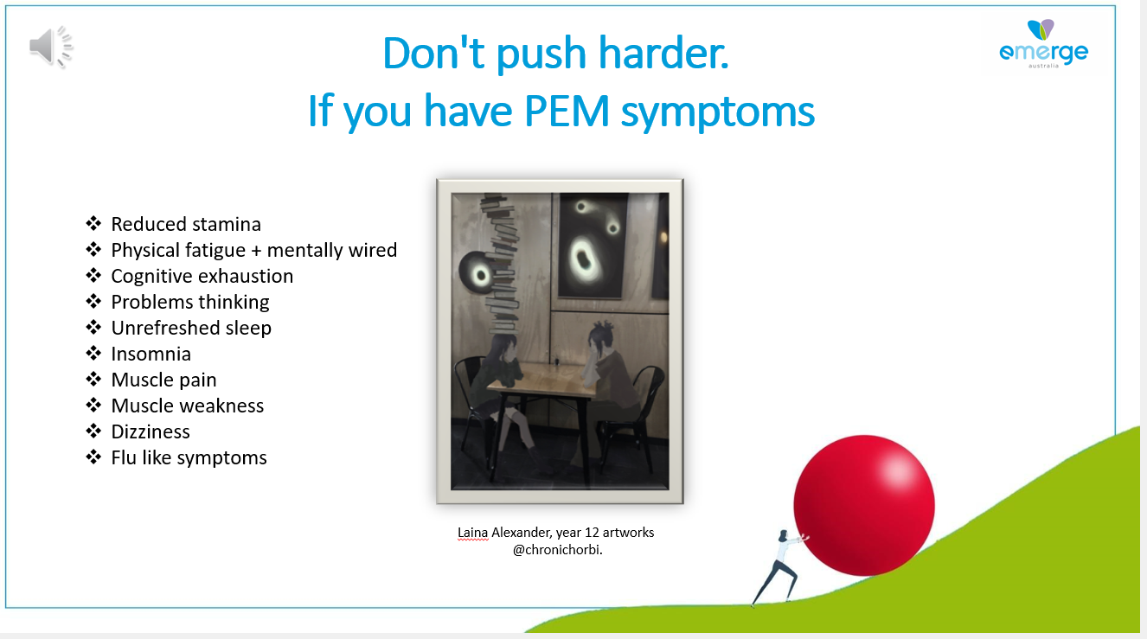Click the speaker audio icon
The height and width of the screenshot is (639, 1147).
pos(51,47)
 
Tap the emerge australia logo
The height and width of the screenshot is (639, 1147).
pos(1043,44)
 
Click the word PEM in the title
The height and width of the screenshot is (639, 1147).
pos(567,111)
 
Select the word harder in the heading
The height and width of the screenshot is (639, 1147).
pos(663,53)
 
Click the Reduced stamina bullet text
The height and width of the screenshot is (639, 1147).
pos(186,224)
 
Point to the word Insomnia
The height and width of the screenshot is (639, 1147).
pos(151,354)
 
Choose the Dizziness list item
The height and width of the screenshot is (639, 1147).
pos(151,431)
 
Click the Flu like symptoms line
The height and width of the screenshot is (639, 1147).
pos(189,457)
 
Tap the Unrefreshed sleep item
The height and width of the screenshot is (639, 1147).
pos(191,328)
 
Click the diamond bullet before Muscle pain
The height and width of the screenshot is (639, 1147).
pos(93,380)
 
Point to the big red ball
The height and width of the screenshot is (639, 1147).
pos(864,505)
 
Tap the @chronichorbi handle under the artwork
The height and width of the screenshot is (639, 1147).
pos(558,550)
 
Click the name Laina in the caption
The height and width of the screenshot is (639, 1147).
pos(472,533)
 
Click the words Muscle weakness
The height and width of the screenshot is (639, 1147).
pos(188,406)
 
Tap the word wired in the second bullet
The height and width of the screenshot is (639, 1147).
pos(373,250)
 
